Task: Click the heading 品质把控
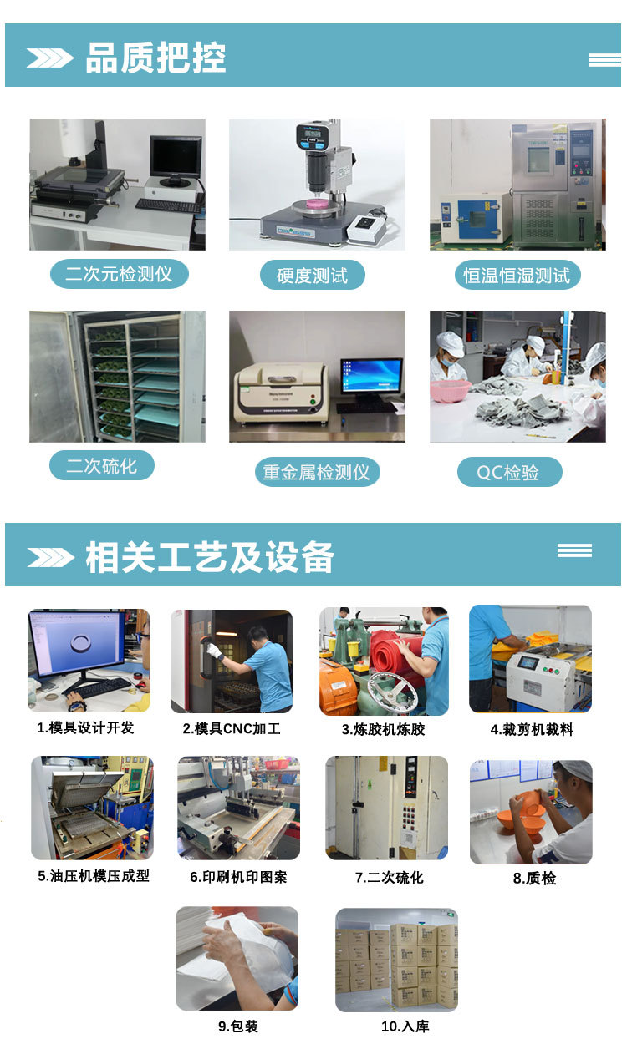coord(155,58)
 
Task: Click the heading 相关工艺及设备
coord(209,557)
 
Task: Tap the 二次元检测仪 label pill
coord(119,274)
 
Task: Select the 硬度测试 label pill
coord(312,276)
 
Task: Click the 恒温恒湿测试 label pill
coord(517,276)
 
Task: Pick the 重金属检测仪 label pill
coord(316,473)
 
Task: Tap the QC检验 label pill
coord(508,473)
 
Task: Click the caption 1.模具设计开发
coord(85,727)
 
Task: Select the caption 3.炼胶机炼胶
coord(383,729)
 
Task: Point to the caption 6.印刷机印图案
coord(238,877)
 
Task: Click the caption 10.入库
coord(405,1026)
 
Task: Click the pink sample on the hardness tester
coord(316,203)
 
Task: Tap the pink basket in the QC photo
coord(450,390)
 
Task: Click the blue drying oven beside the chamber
coord(473,219)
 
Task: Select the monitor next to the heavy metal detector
coord(371,377)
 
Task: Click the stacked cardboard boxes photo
coord(396,960)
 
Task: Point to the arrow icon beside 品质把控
coord(50,58)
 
